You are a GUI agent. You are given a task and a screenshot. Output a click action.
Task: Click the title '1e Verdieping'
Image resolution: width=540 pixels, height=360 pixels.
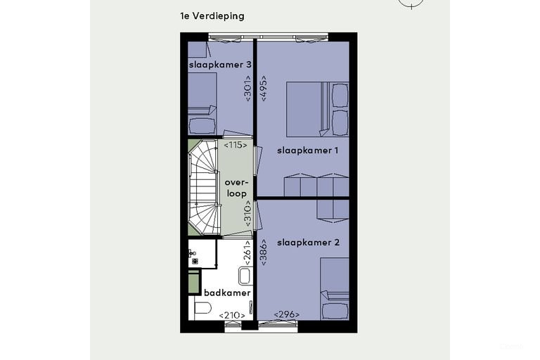[212, 16]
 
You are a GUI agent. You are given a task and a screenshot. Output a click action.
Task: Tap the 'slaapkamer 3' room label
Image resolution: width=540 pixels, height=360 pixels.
[220, 65]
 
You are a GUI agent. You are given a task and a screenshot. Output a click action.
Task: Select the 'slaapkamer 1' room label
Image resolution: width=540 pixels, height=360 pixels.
[307, 150]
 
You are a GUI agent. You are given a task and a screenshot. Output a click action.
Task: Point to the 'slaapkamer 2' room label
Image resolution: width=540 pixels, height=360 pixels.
[308, 243]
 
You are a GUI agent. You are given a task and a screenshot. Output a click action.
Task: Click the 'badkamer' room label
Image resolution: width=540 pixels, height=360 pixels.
[227, 292]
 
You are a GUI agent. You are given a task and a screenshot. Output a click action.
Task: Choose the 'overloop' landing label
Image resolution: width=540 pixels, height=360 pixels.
[236, 188]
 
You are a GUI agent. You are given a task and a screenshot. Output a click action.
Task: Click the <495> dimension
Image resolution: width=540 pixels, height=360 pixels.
[264, 88]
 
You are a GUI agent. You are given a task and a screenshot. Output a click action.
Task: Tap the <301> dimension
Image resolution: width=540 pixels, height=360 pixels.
[247, 88]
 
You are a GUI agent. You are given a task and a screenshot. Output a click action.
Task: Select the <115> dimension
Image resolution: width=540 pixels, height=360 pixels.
[236, 145]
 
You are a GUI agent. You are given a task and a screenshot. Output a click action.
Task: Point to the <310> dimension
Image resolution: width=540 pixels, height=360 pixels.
[247, 214]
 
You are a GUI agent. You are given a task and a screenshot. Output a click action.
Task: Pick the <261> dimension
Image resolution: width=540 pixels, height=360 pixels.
[247, 253]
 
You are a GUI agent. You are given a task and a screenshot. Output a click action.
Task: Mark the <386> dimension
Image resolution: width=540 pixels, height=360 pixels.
[264, 252]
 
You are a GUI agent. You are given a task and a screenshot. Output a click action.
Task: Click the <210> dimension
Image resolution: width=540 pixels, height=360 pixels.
[232, 315]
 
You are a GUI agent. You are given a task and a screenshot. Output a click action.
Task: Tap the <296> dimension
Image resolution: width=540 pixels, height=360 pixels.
[287, 314]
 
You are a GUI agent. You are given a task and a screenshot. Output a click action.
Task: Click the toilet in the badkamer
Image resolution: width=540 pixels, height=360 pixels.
[202, 308]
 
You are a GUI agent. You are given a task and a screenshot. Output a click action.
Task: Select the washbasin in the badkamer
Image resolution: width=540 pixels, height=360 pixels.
[245, 276]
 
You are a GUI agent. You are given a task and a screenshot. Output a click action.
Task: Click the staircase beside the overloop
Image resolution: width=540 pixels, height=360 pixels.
[204, 188]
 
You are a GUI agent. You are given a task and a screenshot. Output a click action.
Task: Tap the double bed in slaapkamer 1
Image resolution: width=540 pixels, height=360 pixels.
[317, 109]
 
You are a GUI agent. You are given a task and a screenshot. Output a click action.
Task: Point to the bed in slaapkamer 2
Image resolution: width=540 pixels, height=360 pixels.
[335, 289]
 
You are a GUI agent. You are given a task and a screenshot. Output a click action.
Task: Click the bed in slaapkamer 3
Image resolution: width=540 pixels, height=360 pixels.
[202, 103]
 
